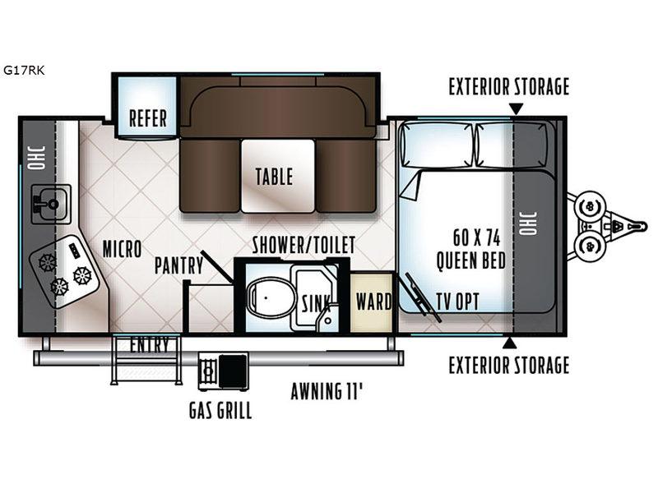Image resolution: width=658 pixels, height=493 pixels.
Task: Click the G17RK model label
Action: coord(24,70)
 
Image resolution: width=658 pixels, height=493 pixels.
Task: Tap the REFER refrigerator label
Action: coord(148,117)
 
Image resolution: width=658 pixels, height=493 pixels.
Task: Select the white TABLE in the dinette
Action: coord(278,176)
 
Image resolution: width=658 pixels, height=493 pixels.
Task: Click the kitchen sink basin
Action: coord(51,204)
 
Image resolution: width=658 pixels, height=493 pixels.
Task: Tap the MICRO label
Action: coord(122,250)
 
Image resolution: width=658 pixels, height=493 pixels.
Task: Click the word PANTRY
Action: coord(178,265)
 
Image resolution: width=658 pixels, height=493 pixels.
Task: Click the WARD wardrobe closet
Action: coord(373,302)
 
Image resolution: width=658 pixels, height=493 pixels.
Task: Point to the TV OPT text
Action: coord(458,301)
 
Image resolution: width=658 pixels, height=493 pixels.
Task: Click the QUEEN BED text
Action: coord(470,260)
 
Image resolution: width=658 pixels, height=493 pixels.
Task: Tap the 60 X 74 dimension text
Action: coord(477,237)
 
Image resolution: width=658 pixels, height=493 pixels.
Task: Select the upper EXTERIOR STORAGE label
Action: coord(509,87)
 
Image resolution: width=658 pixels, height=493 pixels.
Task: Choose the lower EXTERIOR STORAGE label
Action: coord(509,365)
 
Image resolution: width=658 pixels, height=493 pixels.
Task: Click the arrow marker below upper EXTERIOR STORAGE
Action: coord(517,108)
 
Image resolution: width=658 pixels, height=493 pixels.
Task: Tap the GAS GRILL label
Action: coord(220,410)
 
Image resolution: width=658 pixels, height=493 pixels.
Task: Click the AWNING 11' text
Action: coord(327,392)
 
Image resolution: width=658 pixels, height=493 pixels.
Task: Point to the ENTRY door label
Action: coord(149,344)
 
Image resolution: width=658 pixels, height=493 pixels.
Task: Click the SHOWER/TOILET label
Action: coord(304,245)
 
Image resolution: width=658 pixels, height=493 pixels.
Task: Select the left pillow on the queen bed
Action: coord(438,145)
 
